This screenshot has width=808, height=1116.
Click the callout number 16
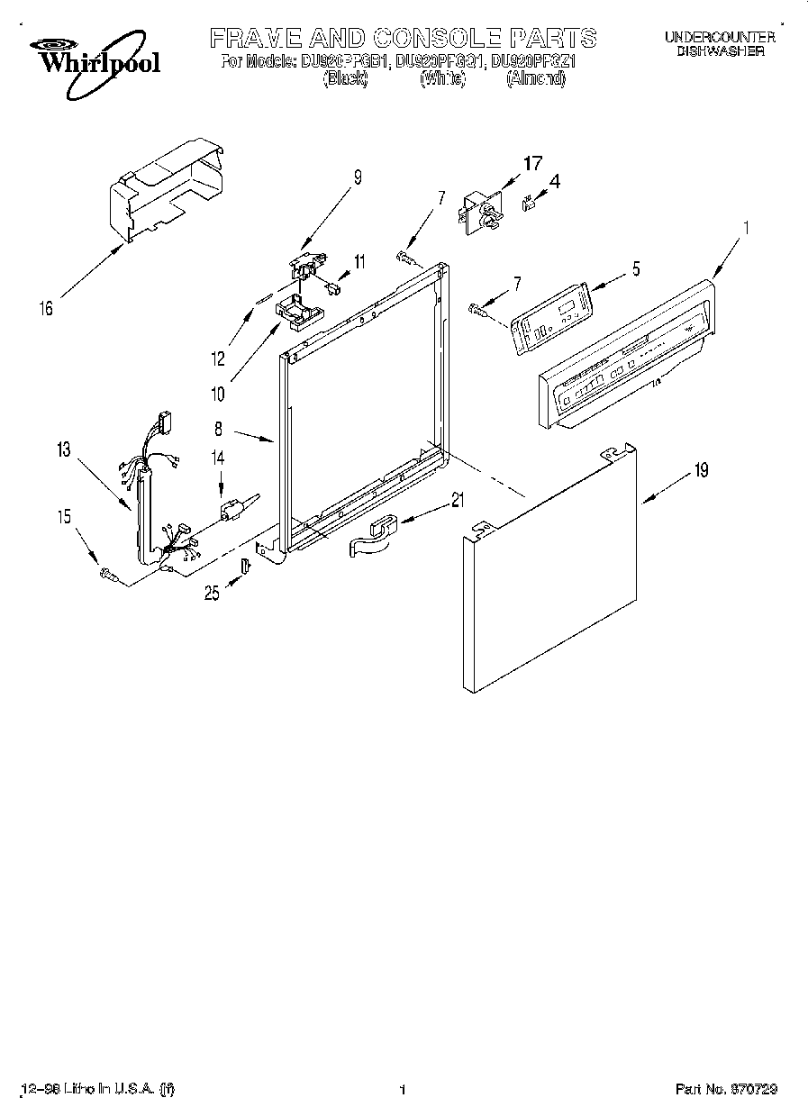46,309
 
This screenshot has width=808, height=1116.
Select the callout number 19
701,469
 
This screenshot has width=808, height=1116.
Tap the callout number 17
533,163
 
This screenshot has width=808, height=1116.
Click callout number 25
212,593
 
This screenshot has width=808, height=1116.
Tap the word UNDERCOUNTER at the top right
720,37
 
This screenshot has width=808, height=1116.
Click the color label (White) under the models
442,79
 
